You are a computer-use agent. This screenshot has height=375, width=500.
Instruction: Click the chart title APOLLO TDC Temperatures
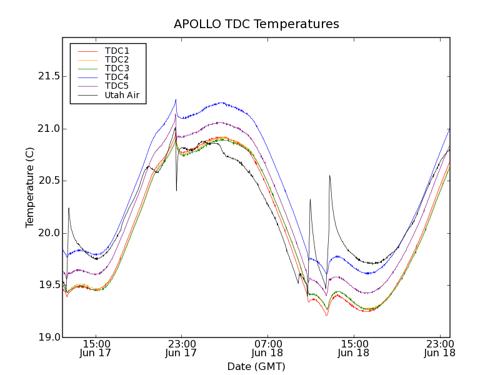coord(256,24)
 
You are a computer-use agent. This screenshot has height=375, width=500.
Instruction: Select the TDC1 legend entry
coord(117,51)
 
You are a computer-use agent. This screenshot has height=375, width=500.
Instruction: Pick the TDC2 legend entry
coord(117,59)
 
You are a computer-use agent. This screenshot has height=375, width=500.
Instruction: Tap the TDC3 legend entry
coord(117,68)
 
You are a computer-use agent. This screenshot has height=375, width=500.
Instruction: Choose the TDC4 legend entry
coord(117,77)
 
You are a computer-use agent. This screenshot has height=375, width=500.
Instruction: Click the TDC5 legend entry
coord(117,86)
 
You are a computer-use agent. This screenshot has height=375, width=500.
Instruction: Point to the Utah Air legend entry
coord(122,95)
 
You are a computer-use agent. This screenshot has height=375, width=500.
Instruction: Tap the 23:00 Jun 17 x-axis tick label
coord(181,348)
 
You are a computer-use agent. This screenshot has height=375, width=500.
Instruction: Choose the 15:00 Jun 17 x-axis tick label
coord(96,348)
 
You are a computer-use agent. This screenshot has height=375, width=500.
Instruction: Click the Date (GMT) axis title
coord(256,366)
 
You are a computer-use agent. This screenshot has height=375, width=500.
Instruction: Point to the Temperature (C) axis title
coord(30,187)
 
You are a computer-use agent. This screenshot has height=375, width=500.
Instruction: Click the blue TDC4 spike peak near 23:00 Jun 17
coord(176,99)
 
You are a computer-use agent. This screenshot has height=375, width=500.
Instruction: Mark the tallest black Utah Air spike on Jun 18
coord(329,176)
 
